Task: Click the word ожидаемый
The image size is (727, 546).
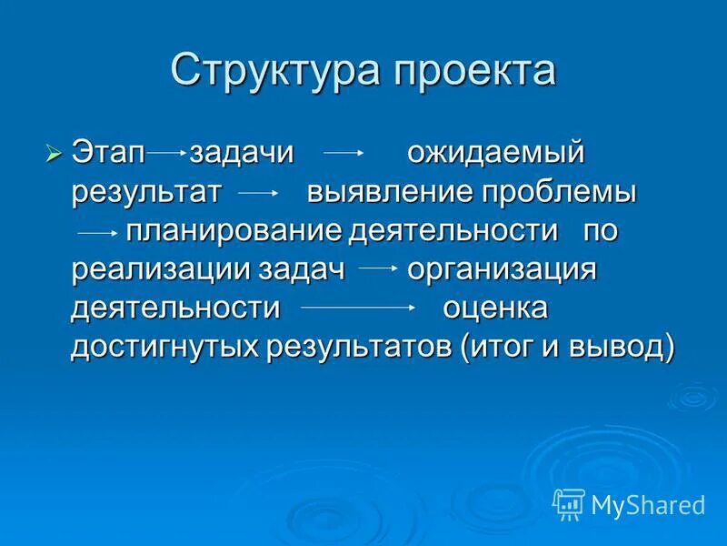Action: pyautogui.click(x=494, y=153)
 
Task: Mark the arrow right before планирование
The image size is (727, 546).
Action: pyautogui.click(x=98, y=233)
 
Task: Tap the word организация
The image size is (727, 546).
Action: pyautogui.click(x=501, y=269)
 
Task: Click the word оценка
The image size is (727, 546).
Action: pyautogui.click(x=494, y=308)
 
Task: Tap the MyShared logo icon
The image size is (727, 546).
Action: pyautogui.click(x=568, y=503)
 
